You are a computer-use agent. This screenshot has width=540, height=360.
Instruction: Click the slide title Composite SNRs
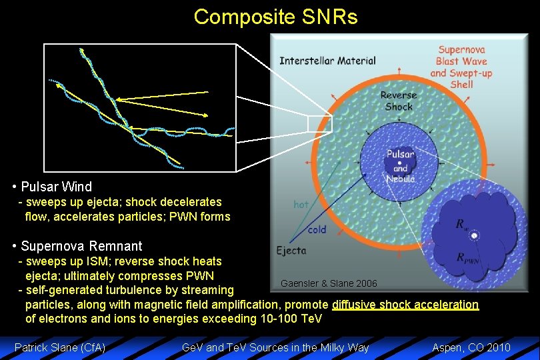pos(275,17)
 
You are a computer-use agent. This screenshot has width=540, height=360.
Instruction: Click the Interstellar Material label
pos(327,61)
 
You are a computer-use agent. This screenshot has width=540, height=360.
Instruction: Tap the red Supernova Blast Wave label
pos(461,67)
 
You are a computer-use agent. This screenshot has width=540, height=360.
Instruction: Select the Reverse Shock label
pos(398,101)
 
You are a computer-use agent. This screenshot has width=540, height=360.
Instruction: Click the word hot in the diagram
pos(301,205)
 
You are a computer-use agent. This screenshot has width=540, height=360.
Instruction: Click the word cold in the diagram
pos(317,229)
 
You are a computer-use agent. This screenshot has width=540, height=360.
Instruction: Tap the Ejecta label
pos(291,251)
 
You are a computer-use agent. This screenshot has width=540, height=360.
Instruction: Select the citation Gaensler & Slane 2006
pos(329,283)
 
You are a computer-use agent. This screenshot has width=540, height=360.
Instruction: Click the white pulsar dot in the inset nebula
pos(474,235)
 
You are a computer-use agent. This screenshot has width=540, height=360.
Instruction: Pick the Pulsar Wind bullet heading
pos(57,187)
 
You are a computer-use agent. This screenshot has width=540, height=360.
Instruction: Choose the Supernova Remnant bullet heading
pos(81,246)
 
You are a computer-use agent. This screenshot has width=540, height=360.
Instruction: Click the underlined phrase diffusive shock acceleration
pos(405,305)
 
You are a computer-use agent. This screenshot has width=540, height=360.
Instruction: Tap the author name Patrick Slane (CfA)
pos(60,347)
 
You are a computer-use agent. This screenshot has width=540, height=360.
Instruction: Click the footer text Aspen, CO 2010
pos(471,347)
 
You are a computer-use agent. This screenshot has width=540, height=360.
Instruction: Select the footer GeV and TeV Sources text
pos(275,347)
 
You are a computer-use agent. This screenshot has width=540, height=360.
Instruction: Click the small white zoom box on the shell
pos(319,124)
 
